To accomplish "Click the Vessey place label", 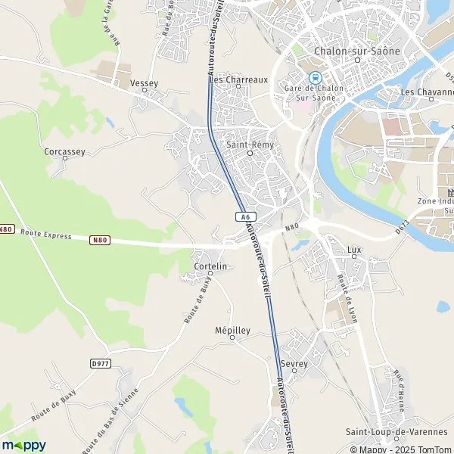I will coord(144,82).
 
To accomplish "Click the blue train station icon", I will coord(315,77).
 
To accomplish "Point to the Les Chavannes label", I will coord(427,92).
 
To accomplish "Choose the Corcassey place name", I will coord(64,151).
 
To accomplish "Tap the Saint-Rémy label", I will coord(249,144).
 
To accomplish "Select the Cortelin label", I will coord(211,266).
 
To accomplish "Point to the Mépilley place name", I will coord(232,331).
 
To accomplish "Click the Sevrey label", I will coord(294,364).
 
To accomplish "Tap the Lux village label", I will coord(354,249).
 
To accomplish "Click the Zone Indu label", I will coord(435,201).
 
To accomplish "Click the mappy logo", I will coord(24,445).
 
